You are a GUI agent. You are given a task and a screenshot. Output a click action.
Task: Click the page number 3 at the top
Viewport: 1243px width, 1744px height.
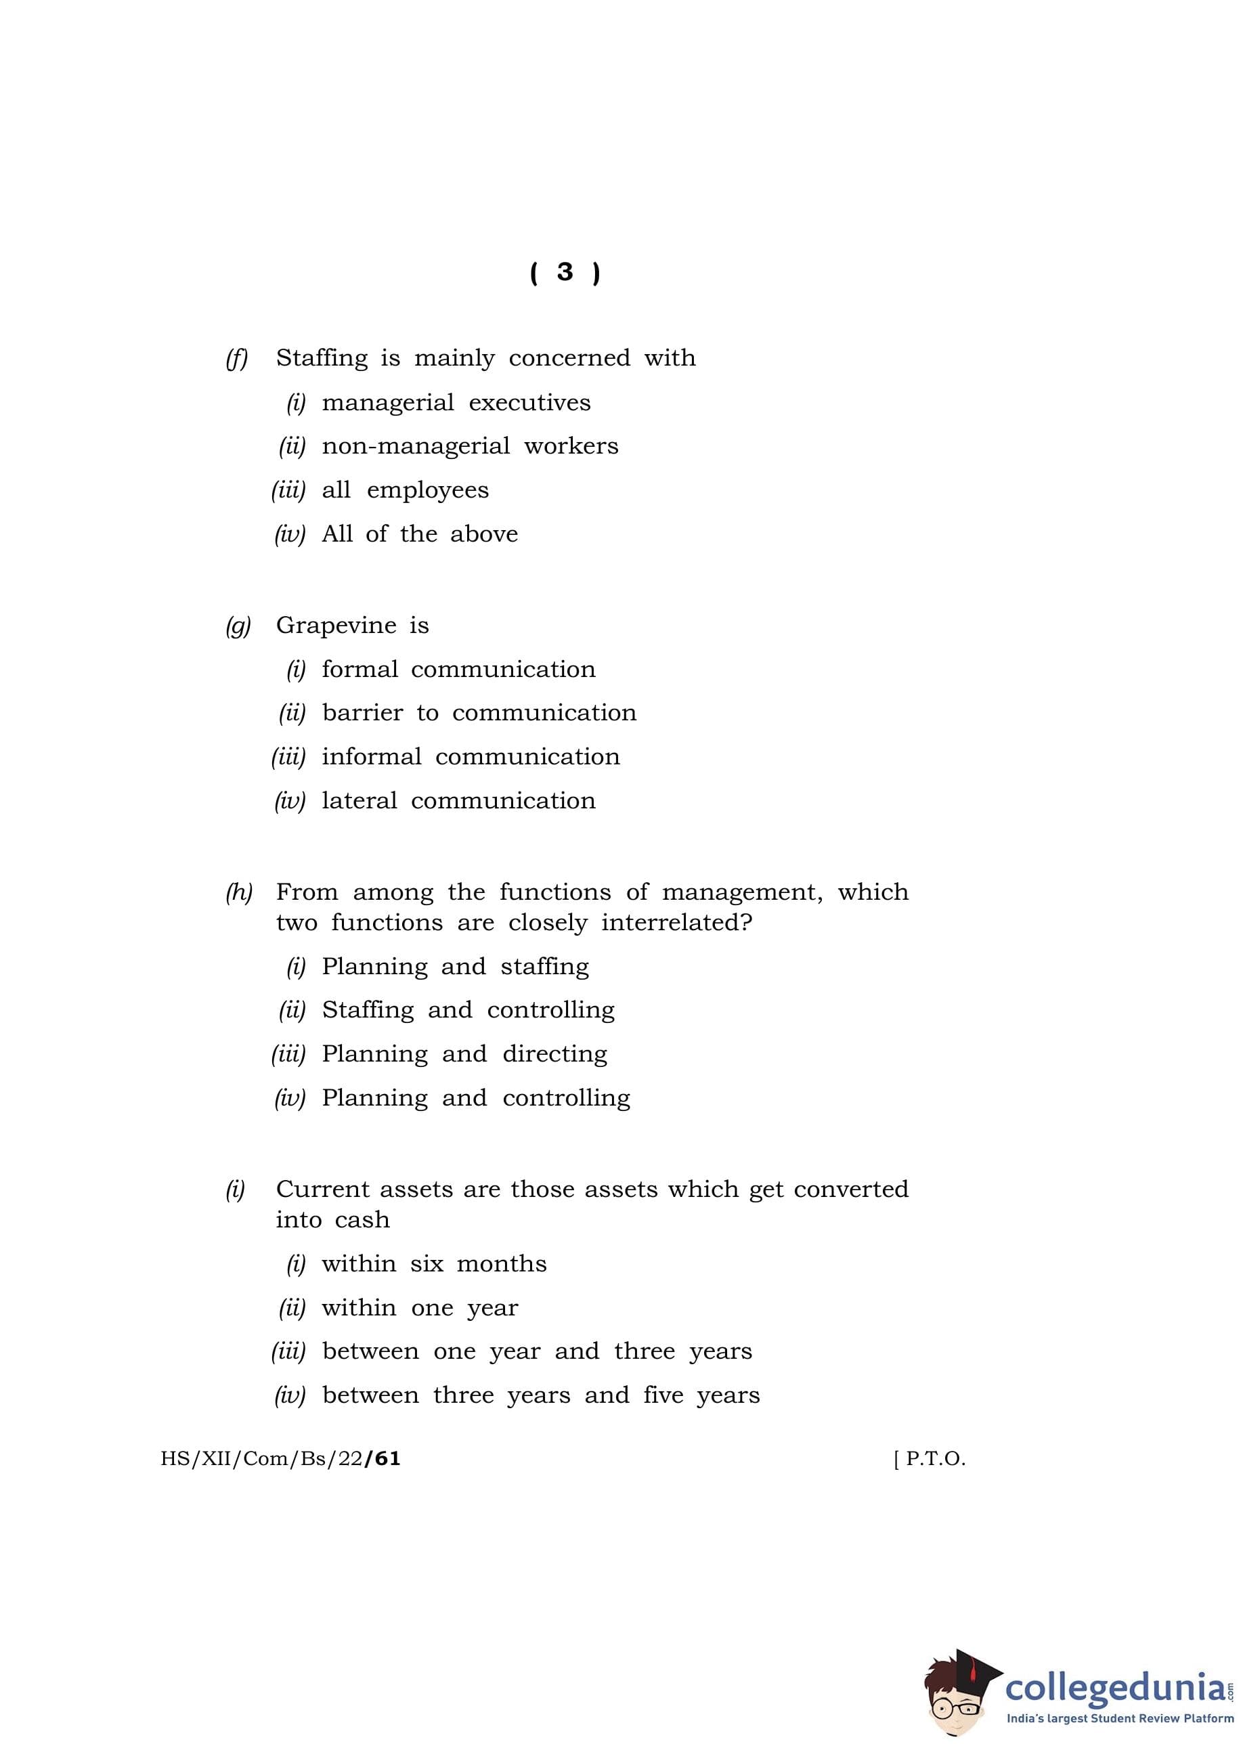tap(565, 272)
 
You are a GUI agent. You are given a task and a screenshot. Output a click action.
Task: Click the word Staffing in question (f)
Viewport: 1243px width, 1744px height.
tap(322, 358)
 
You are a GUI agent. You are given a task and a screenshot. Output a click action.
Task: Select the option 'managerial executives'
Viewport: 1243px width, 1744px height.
tap(456, 403)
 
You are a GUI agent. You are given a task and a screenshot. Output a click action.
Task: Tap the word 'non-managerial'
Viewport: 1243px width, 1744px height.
tap(416, 446)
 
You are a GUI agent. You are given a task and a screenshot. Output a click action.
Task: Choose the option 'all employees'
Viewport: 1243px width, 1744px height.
tap(405, 489)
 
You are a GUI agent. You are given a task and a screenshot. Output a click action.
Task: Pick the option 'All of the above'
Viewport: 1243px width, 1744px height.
tap(420, 533)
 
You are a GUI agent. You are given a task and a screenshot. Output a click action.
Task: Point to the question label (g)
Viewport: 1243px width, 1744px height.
tap(238, 626)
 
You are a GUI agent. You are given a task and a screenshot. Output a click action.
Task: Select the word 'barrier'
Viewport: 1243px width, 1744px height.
tap(362, 713)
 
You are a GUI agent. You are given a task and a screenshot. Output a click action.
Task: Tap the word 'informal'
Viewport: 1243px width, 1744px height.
tap(371, 757)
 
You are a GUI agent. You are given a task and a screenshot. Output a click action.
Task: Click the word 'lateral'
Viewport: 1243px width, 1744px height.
tap(359, 800)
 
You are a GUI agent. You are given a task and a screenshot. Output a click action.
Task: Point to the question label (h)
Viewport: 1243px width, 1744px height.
tap(239, 892)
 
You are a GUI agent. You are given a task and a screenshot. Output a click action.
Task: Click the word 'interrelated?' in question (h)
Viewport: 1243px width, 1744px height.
tap(676, 923)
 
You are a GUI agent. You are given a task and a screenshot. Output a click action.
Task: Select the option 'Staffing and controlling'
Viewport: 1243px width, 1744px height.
tap(468, 1010)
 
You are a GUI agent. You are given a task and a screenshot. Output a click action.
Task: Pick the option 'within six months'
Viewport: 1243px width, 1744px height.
tap(434, 1263)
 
